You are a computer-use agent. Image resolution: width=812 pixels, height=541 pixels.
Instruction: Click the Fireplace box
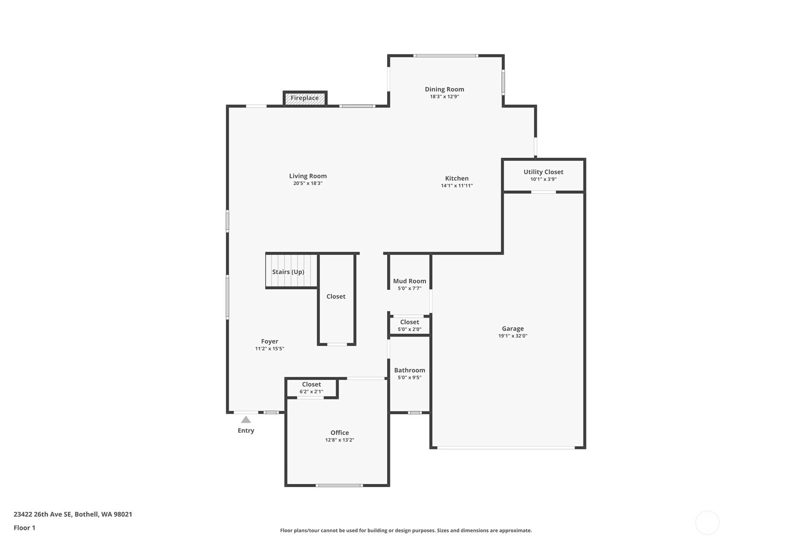click(305, 98)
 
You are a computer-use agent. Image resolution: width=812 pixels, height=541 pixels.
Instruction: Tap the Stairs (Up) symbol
click(291, 271)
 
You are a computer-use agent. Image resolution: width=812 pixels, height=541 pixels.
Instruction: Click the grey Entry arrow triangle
click(246, 420)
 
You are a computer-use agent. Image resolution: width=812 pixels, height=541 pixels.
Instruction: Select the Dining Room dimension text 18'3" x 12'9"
click(445, 97)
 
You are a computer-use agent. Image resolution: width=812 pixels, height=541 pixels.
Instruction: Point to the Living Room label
click(308, 176)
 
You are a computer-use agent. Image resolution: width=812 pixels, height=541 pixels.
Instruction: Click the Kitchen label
click(457, 178)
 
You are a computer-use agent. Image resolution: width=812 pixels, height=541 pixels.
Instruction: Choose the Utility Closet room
click(544, 176)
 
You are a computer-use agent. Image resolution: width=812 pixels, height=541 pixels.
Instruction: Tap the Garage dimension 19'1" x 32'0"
click(512, 336)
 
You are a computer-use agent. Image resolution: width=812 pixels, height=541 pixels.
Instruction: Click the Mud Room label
click(410, 281)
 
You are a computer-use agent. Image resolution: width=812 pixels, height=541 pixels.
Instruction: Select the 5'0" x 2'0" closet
click(410, 325)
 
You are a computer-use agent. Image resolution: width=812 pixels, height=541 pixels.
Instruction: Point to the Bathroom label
click(410, 370)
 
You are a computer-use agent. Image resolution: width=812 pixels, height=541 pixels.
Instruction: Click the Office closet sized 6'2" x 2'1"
click(312, 388)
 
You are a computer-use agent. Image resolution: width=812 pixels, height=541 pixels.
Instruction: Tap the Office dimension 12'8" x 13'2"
click(340, 440)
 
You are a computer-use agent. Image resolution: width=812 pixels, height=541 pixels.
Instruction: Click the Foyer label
click(270, 342)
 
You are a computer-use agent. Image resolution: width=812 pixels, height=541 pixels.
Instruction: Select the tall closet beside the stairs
click(336, 299)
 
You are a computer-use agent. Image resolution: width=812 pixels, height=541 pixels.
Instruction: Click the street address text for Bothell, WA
click(73, 514)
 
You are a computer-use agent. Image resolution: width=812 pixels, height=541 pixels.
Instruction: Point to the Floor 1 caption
click(25, 528)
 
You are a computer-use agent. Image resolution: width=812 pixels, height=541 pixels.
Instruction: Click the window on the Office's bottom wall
click(339, 485)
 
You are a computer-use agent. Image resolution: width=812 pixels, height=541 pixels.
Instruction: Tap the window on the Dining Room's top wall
click(446, 56)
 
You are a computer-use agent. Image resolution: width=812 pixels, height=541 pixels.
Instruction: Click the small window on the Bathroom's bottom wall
click(415, 413)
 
